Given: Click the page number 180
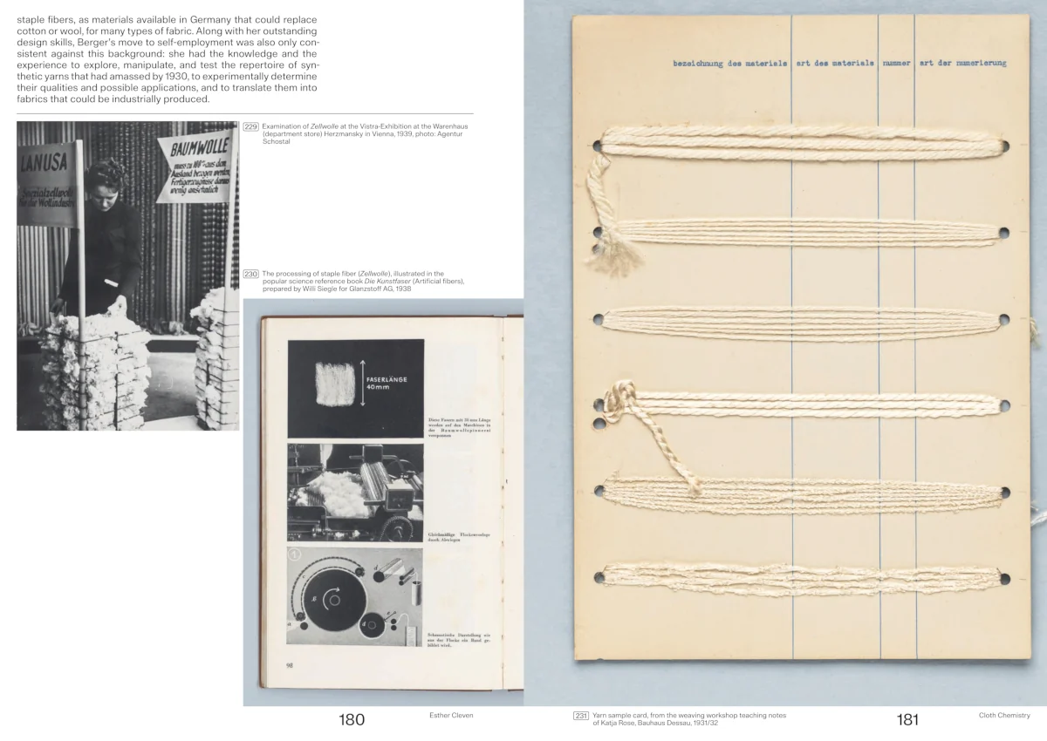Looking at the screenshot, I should pos(352,719).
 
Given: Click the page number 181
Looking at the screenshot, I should pos(907,719).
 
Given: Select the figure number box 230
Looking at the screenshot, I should pos(251,274).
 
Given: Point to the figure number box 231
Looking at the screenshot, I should pos(581,715).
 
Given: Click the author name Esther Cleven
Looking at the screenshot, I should pos(451,715).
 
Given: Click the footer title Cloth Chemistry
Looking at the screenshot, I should pos(1004,716).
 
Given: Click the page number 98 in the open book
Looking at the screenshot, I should pos(289,665).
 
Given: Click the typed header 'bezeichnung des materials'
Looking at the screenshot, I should pos(729,64).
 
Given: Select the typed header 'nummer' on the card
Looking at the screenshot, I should pos(896,64).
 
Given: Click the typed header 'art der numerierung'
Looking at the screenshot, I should pos(962,64).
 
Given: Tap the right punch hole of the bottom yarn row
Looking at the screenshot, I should pos(1004,578).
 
